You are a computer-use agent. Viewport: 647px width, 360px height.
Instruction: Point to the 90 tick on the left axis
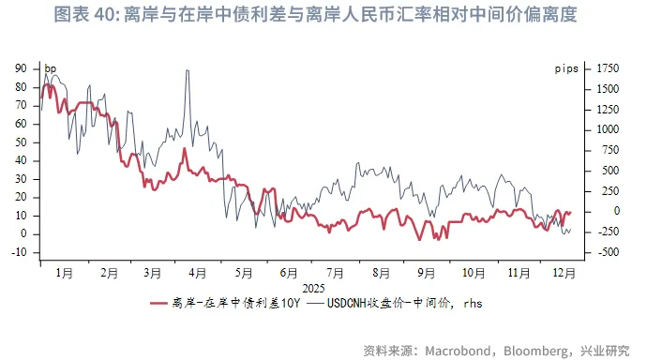coord(21,68)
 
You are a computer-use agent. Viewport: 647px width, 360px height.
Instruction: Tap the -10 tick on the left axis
coord(19,252)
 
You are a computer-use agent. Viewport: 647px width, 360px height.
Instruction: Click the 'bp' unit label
coord(51,68)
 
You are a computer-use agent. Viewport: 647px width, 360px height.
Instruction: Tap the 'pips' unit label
coord(566,68)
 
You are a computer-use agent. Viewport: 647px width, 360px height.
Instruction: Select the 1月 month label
coord(64,273)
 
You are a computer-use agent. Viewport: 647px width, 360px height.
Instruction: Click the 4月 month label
coord(198,273)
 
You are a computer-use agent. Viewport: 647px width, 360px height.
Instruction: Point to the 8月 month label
coord(381,273)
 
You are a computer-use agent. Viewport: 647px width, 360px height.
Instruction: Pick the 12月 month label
coord(564,273)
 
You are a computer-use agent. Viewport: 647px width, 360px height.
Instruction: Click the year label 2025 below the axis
coord(313,287)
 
